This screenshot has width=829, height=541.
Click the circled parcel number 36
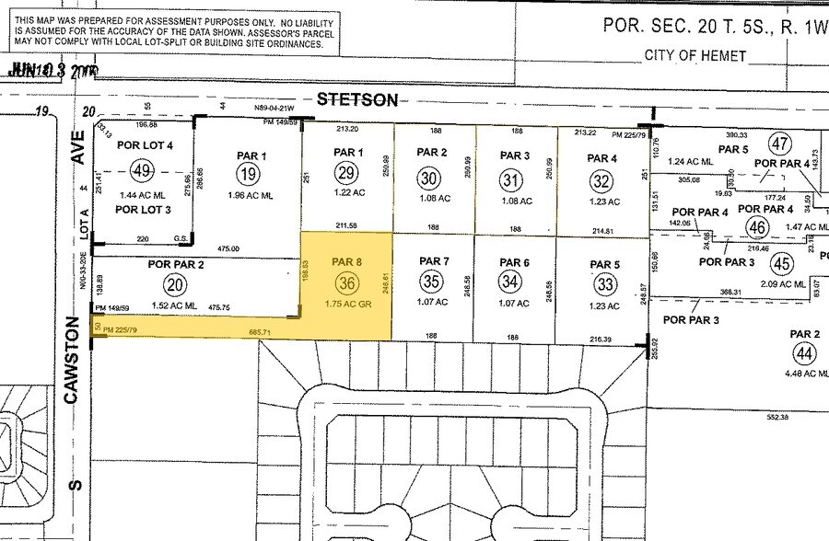click(346, 282)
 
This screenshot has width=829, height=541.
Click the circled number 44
click(805, 353)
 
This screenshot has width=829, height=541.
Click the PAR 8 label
click(346, 261)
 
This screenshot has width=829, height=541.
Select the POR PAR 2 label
click(175, 265)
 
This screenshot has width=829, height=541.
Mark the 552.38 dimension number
click(777, 417)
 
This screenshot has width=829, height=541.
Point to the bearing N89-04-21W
click(274, 108)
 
